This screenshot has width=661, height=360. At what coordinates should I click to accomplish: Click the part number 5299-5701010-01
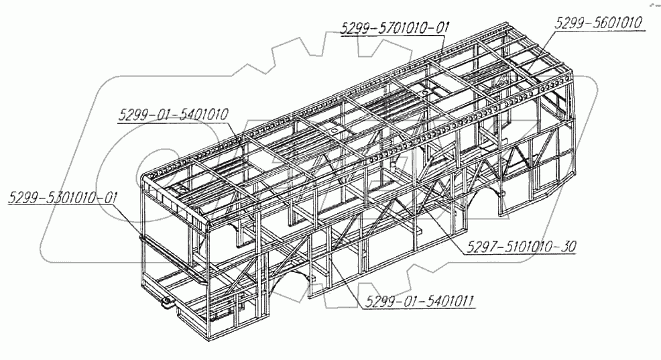click(395, 29)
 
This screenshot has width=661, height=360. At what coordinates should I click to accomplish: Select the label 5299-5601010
click(599, 22)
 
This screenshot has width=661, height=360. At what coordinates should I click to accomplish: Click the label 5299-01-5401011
click(420, 302)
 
